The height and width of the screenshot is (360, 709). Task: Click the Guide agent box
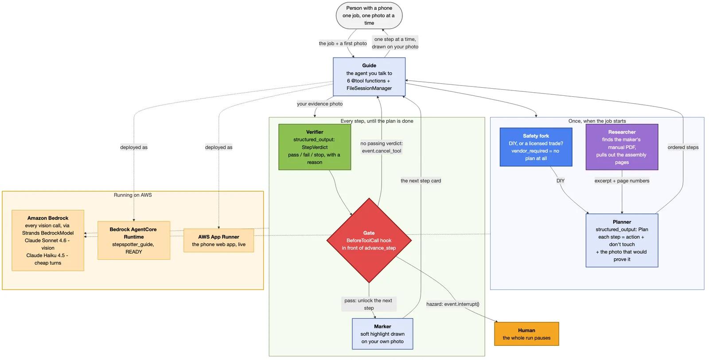[x=369, y=77]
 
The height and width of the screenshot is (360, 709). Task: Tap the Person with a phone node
[x=369, y=16]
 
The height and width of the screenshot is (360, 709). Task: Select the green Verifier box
[x=315, y=147]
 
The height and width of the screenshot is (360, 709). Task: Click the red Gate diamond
[x=369, y=240]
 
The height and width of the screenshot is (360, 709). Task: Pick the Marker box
[x=382, y=334]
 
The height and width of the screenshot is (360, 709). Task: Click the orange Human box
[x=526, y=334]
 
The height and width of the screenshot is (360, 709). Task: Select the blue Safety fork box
[x=536, y=147]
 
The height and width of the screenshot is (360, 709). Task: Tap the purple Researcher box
[x=622, y=147]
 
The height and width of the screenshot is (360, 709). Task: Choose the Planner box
[x=622, y=240]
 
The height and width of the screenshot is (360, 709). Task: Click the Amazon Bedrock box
[x=48, y=240]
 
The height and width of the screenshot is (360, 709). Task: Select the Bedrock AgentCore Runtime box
[x=133, y=240]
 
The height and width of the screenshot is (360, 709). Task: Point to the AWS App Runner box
[x=219, y=240]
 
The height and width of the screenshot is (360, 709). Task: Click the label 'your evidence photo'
[x=319, y=104]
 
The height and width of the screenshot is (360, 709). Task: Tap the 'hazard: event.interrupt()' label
[x=452, y=304]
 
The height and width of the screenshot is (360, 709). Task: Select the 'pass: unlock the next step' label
[x=368, y=304]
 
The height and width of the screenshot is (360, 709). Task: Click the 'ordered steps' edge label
[x=683, y=147]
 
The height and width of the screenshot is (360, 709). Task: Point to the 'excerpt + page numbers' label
[x=622, y=181]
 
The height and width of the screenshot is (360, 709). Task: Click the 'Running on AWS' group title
[x=132, y=195]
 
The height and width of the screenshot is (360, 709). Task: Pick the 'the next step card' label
[x=421, y=181]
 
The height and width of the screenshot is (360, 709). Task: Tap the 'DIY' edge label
[x=560, y=181]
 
